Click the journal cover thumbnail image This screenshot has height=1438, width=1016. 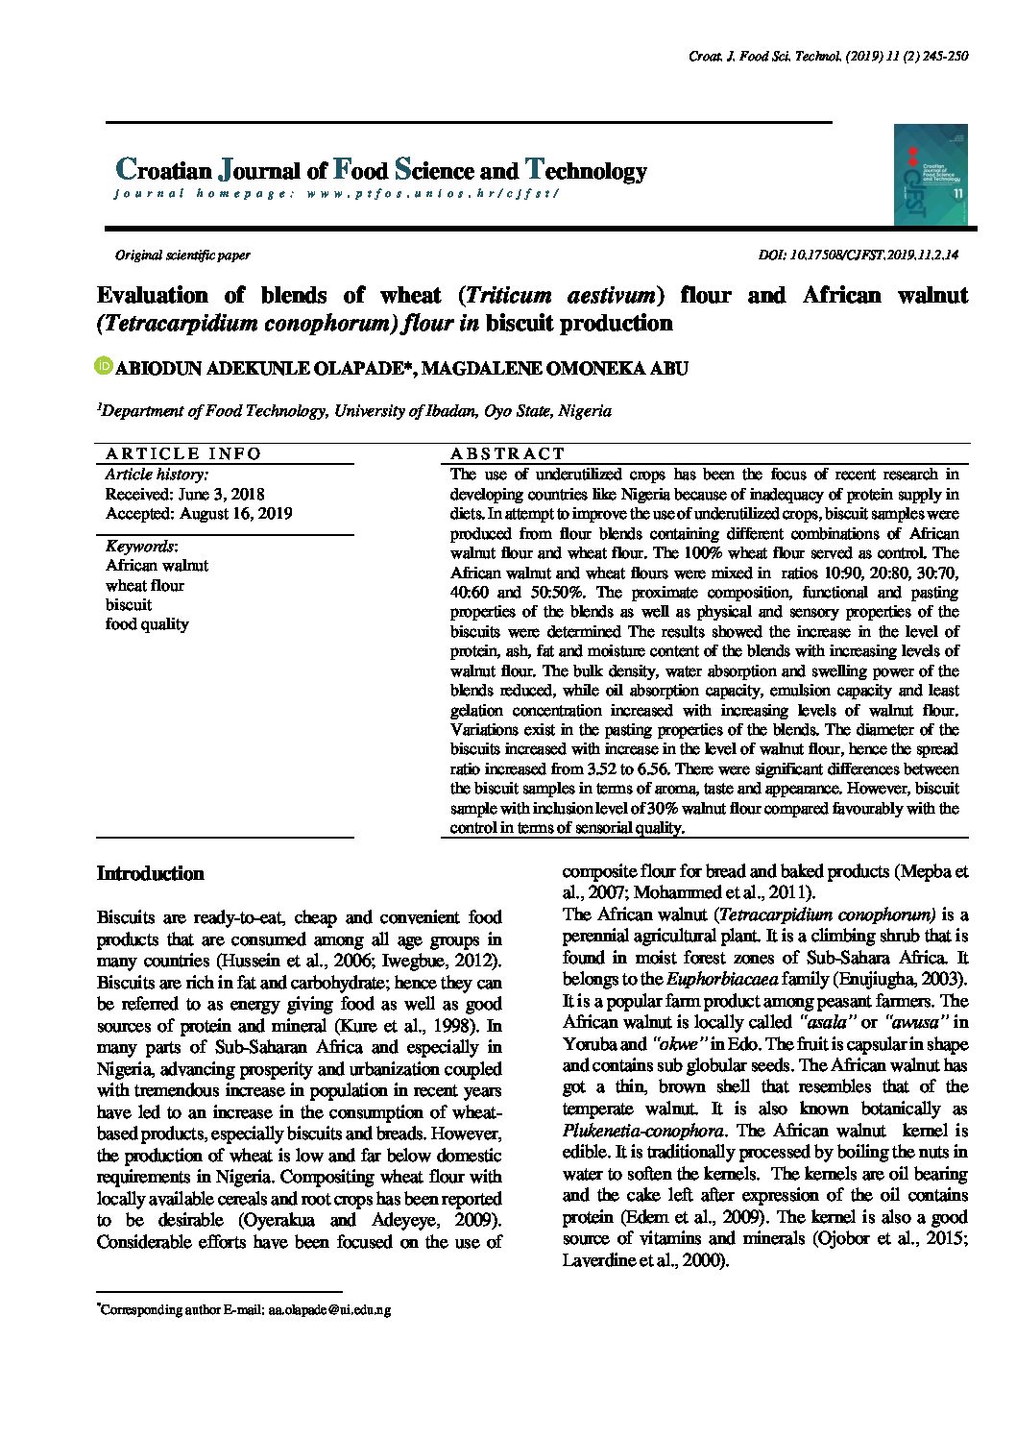[x=930, y=174]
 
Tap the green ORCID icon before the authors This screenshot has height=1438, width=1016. [x=105, y=366]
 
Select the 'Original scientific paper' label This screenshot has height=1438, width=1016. [x=182, y=256]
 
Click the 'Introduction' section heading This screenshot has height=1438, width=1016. [x=150, y=874]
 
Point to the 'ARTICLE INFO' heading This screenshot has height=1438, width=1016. [x=183, y=453]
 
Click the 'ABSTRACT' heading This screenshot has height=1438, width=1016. [x=508, y=453]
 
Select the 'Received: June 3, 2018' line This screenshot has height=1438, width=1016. [x=184, y=494]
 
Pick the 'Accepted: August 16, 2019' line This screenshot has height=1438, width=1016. [x=199, y=513]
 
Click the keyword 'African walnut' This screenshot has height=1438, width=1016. [x=157, y=566]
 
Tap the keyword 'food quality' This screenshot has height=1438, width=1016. [x=147, y=624]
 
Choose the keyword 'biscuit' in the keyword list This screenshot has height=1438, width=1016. [x=129, y=605]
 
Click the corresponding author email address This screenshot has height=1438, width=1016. [x=329, y=1309]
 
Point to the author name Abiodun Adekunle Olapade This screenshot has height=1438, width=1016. [x=264, y=369]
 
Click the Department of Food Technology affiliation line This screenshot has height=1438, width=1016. [x=355, y=411]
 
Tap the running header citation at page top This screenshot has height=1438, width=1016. [x=828, y=57]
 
